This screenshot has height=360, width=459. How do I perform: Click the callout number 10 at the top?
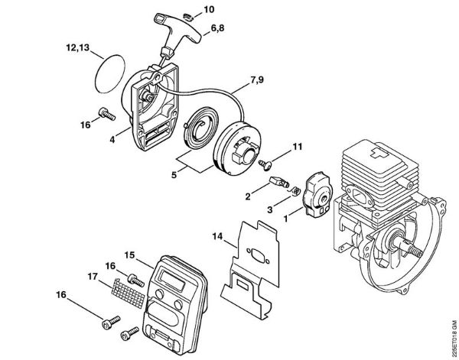pos(188,10)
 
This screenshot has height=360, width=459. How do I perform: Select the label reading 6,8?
pos(220,28)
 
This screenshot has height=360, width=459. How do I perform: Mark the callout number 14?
pos(217,238)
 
